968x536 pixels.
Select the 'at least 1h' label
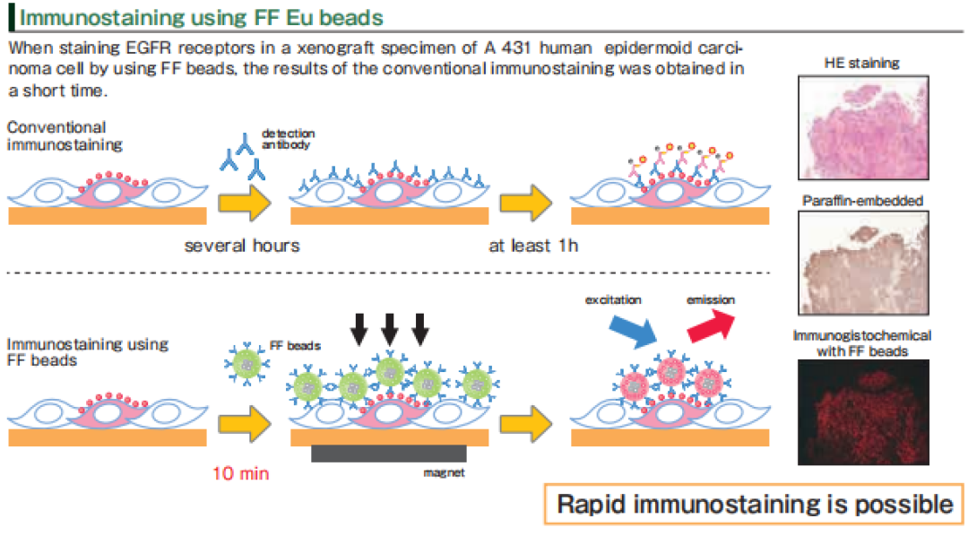[533, 246]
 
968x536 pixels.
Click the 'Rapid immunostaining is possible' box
[754, 504]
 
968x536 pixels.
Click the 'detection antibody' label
[289, 140]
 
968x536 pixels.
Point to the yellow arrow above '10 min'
[246, 420]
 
